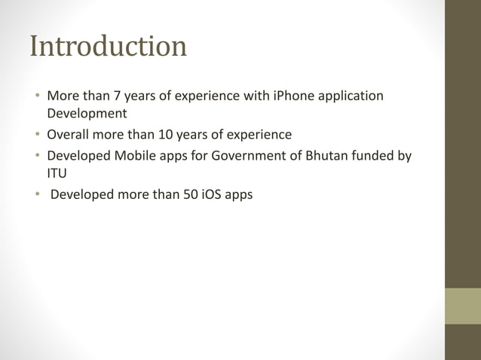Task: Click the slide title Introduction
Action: [108, 47]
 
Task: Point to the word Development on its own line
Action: [87, 114]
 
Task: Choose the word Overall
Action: [69, 136]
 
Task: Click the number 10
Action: [166, 136]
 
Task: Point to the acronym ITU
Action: [57, 174]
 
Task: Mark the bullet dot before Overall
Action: [37, 136]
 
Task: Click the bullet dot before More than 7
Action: [37, 97]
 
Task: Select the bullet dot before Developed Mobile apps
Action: [37, 157]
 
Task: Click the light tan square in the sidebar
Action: [463, 306]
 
